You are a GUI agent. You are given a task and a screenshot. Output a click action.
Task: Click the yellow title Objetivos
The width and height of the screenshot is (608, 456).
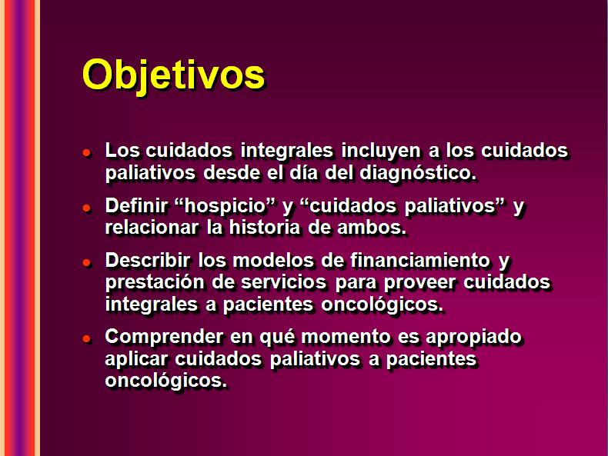click(x=173, y=76)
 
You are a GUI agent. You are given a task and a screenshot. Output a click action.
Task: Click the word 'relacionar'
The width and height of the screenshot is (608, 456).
click(x=152, y=228)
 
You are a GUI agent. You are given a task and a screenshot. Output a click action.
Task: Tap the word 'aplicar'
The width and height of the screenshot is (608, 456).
click(x=136, y=359)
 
